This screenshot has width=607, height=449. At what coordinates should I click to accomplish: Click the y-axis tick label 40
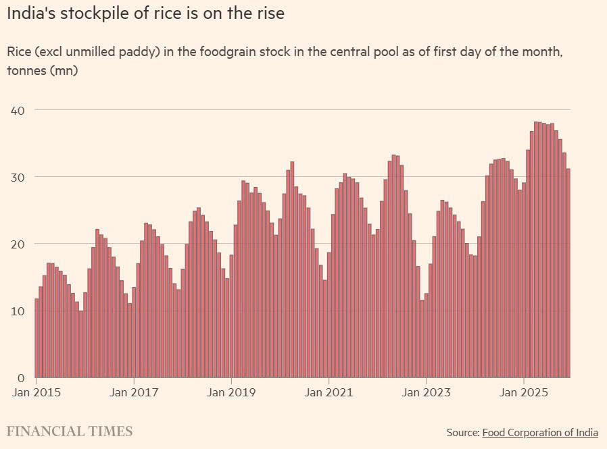point(18,109)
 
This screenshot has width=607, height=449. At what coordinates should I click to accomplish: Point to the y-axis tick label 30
point(18,177)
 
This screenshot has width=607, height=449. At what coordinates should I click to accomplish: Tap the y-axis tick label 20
point(18,244)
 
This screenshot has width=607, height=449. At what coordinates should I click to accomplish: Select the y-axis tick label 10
point(18,311)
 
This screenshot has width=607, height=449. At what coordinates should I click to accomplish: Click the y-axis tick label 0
point(21,377)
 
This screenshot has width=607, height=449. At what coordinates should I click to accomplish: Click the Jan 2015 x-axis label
point(37,392)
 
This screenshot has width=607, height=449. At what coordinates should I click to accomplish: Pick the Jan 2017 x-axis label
point(134,392)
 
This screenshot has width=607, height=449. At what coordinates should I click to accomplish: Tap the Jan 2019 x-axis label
point(231,392)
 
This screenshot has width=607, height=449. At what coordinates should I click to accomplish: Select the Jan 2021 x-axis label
point(329,392)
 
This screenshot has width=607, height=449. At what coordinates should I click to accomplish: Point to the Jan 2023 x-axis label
point(426,392)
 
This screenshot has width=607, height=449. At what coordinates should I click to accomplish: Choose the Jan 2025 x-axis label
point(523,392)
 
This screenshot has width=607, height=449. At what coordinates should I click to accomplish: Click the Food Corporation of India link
point(540,432)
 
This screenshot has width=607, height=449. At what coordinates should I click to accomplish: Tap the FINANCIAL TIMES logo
point(70,431)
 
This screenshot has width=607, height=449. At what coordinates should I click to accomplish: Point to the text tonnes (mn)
point(42,70)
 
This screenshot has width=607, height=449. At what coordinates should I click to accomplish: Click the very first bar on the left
point(37,338)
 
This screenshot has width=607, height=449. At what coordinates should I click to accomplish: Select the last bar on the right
point(568,273)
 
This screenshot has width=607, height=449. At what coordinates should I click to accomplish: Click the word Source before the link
point(462,432)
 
